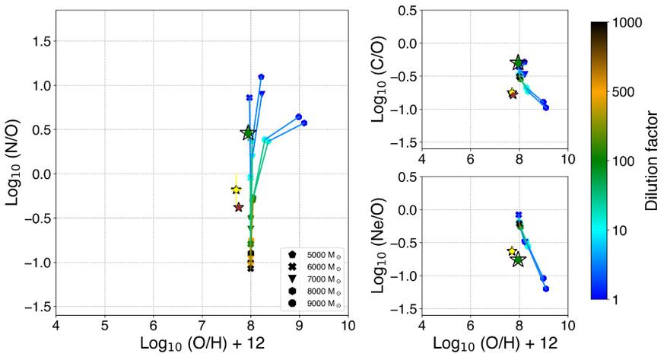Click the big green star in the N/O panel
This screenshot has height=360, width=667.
(x=248, y=133)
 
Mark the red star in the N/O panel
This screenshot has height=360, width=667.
(x=239, y=207)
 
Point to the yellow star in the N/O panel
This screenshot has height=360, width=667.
(x=236, y=189)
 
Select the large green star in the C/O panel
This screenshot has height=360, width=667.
(x=518, y=63)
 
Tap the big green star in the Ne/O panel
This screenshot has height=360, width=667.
(x=519, y=260)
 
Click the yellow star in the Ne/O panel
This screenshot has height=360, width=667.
(x=512, y=251)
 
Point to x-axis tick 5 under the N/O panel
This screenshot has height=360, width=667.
(x=105, y=326)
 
